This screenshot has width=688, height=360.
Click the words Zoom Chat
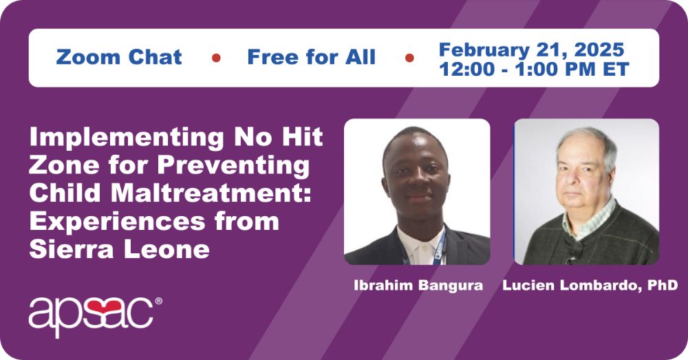[119, 57]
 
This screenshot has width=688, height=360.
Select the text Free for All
[312, 57]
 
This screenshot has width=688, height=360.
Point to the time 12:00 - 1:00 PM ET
[534, 69]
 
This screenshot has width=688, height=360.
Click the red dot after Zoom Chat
[216, 58]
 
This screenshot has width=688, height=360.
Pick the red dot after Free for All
[409, 58]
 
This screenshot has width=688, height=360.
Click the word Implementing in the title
[127, 138]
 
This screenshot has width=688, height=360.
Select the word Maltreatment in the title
[211, 193]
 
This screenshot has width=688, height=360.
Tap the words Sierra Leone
[119, 249]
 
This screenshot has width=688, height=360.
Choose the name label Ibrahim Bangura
[418, 286]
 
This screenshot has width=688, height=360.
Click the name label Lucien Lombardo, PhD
[590, 286]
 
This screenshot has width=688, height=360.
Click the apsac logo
[95, 315]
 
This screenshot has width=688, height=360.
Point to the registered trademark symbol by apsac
[158, 301]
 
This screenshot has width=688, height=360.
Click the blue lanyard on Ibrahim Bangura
[440, 251]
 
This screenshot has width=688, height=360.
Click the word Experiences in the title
[117, 221]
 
